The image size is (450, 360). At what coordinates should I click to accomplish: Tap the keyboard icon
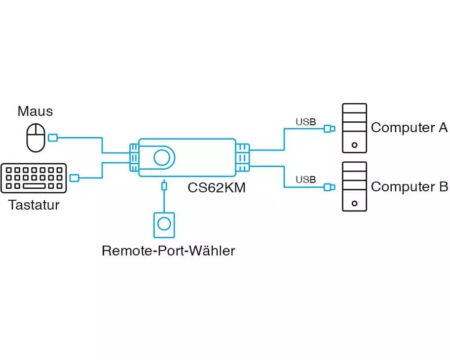click(34, 178)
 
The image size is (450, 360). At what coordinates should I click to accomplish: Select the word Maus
click(35, 111)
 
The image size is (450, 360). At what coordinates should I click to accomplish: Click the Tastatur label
click(34, 205)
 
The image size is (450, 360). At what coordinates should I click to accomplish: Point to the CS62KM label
click(217, 187)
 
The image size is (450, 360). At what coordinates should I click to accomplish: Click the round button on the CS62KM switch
click(161, 158)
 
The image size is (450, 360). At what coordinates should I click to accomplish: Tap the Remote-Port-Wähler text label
click(168, 251)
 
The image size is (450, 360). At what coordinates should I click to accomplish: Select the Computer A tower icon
click(354, 128)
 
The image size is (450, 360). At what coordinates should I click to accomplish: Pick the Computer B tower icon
click(354, 186)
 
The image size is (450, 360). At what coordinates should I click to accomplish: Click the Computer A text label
click(409, 128)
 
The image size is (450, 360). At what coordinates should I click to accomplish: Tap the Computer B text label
click(409, 187)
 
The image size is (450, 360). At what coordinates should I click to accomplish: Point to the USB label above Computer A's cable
click(305, 121)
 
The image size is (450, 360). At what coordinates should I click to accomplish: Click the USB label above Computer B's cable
click(305, 180)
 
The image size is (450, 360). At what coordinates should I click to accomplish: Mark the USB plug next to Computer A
click(329, 129)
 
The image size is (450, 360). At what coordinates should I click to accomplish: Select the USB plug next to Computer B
click(329, 187)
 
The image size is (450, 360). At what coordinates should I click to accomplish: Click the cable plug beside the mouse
click(52, 138)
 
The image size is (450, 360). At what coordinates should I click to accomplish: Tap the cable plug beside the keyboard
click(75, 178)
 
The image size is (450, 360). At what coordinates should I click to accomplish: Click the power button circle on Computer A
click(354, 145)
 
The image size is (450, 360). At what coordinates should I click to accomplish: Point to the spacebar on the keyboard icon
click(34, 186)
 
